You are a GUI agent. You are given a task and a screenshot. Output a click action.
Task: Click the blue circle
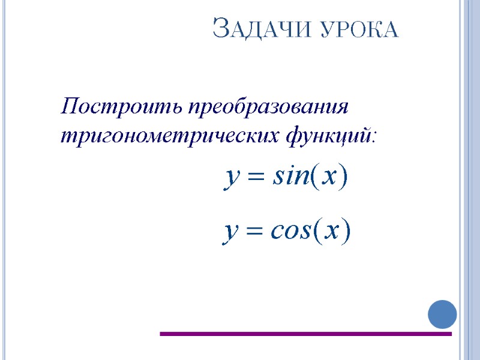442,314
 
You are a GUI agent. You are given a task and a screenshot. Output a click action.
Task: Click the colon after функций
375,138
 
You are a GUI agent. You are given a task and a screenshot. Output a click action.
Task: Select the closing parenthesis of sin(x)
343,178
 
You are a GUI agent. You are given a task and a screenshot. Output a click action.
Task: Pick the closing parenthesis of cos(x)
346,231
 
